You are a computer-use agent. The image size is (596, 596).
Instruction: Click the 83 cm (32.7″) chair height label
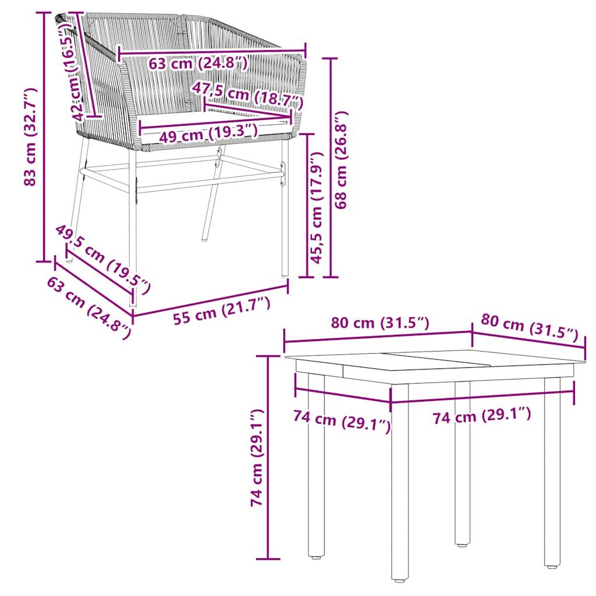point(30,137)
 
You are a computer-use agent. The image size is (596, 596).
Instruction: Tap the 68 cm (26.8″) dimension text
point(342,159)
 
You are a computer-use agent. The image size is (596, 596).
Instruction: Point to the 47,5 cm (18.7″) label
point(247,95)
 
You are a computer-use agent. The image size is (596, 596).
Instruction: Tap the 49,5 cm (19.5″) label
point(103,258)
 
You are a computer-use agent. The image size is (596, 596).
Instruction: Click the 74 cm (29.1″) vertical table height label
point(258,457)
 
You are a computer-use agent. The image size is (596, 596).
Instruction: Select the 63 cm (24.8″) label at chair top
point(198,63)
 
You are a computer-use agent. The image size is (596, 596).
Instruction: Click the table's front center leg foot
point(399,579)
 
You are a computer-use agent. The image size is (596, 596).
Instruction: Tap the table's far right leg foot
point(551,565)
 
